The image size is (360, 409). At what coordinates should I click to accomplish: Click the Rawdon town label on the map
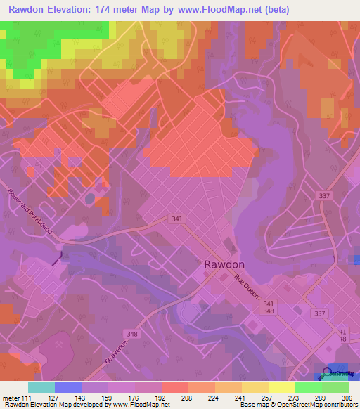tap(224, 264)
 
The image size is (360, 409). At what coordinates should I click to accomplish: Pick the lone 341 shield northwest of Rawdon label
tap(176, 219)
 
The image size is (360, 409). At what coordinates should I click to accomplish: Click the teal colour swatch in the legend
tap(41, 387)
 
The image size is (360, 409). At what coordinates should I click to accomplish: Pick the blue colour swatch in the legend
tap(68, 387)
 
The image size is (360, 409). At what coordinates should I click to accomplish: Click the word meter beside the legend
tap(11, 398)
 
